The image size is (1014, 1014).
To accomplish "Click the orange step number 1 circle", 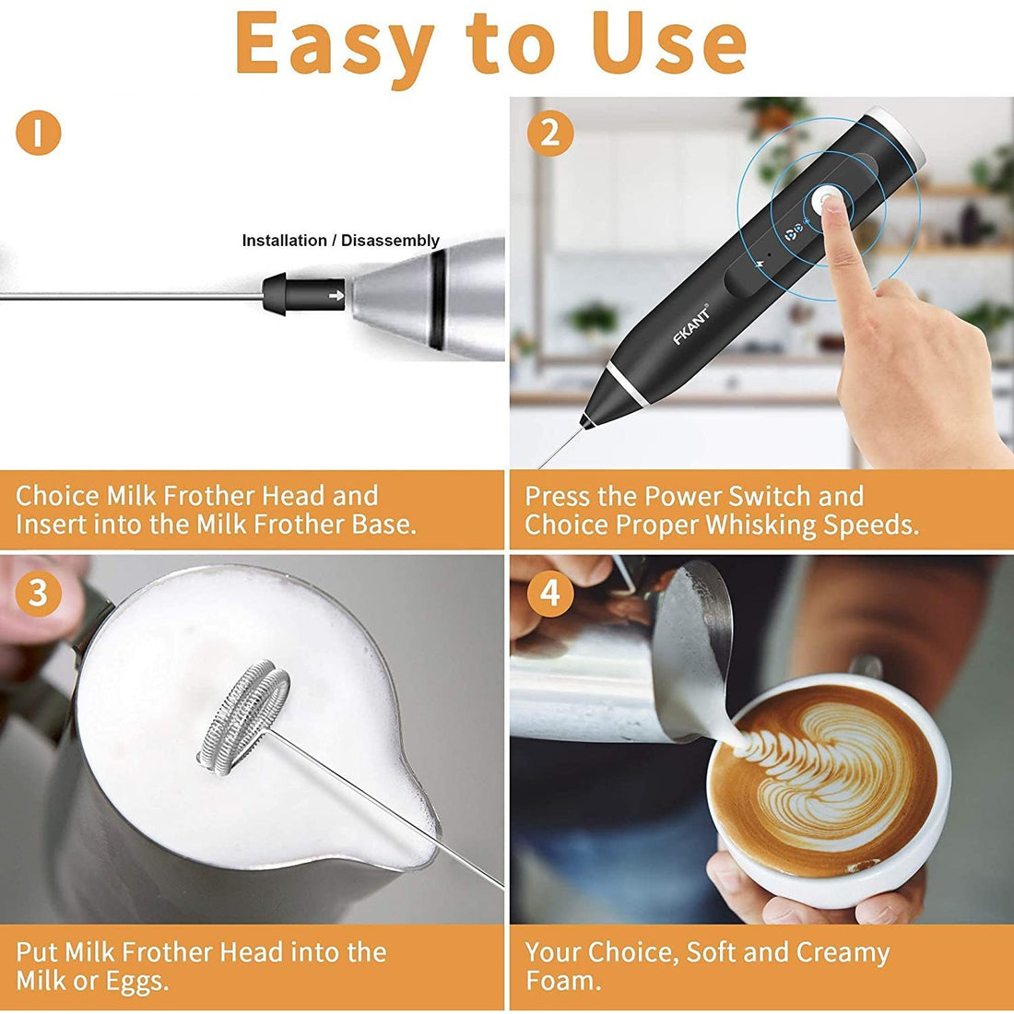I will [x=38, y=133].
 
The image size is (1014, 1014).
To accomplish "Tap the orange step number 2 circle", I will [x=550, y=133].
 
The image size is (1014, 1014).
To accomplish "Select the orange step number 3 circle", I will [x=38, y=593].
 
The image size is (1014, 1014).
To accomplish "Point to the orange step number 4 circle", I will [x=550, y=593].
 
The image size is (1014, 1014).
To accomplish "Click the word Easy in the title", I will [x=334, y=44].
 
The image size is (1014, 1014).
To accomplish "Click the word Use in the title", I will [x=669, y=44].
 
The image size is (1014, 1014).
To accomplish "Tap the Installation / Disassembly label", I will [x=340, y=241].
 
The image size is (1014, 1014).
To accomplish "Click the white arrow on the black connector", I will [x=336, y=295].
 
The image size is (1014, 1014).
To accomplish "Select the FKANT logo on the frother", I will [x=691, y=324].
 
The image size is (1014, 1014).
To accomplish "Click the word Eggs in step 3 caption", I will [x=136, y=981].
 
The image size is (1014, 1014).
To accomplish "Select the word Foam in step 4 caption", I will [x=562, y=981].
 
